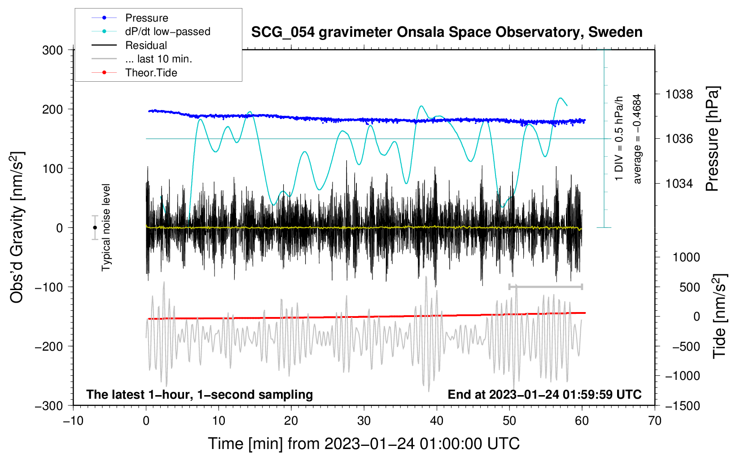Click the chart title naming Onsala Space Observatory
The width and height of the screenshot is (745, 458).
(x=447, y=32)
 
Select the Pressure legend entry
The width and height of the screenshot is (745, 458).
(x=146, y=18)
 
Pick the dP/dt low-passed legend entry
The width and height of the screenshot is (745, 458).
(x=167, y=31)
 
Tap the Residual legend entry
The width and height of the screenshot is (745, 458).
(x=146, y=45)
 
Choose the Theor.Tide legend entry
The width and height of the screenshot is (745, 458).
(x=151, y=73)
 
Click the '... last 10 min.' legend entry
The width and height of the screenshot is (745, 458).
(x=158, y=59)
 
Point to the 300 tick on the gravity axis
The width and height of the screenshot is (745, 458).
(x=53, y=50)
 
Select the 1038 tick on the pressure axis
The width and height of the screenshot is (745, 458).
(x=679, y=94)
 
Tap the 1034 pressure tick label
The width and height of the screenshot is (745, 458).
(x=679, y=183)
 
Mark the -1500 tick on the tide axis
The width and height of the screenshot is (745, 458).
(x=683, y=405)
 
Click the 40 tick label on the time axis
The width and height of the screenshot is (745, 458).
(x=437, y=421)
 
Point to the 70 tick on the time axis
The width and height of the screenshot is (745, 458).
(x=655, y=421)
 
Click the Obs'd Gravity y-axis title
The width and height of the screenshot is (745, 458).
(x=17, y=228)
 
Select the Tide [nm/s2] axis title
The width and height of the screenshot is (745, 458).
(x=719, y=316)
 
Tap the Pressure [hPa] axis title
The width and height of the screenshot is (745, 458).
(x=712, y=139)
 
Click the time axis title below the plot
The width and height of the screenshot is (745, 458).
(x=364, y=444)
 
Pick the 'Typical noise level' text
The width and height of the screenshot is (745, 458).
(x=106, y=227)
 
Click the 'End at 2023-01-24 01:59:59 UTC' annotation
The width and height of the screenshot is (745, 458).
(x=544, y=394)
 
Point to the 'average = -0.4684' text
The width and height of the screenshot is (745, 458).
(x=637, y=139)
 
